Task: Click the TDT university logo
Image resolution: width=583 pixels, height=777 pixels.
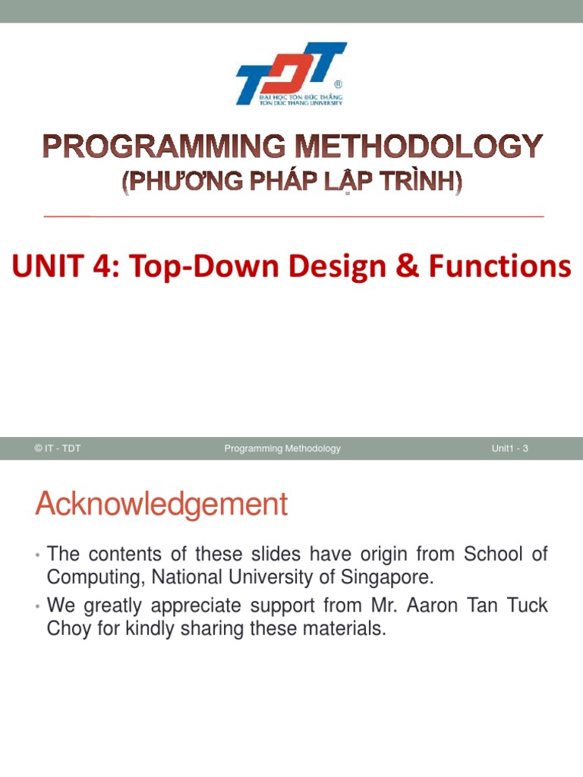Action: (291, 74)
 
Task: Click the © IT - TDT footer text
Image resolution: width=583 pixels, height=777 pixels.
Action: (58, 448)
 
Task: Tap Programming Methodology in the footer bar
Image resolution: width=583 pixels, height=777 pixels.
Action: (282, 448)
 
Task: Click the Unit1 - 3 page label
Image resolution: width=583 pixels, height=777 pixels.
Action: (509, 448)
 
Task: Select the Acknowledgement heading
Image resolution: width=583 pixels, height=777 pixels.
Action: (161, 505)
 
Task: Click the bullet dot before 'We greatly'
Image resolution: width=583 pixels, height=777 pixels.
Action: (37, 608)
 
